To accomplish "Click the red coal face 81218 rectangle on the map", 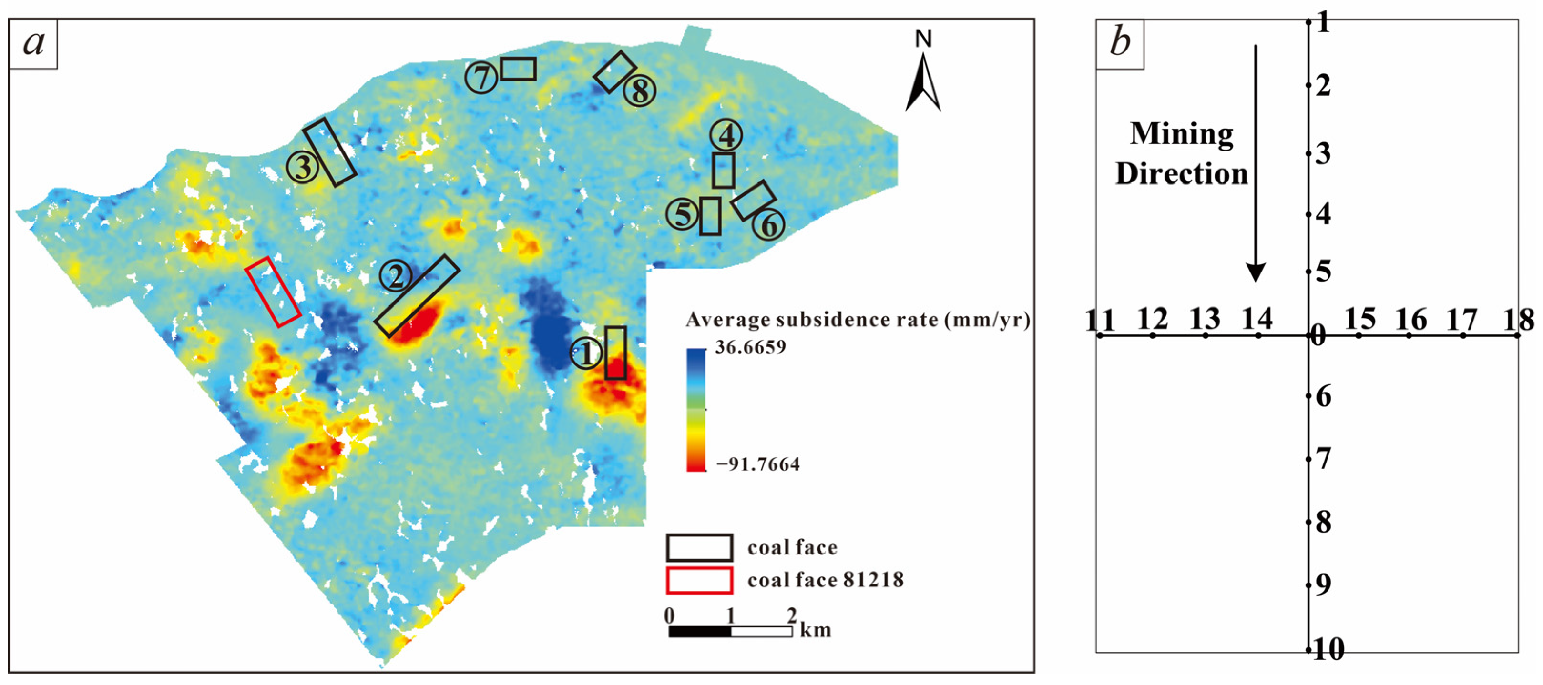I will [x=273, y=292].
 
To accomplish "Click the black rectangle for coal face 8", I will [x=614, y=72].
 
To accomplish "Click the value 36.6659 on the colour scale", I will [x=750, y=347].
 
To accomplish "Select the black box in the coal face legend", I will [x=699, y=547].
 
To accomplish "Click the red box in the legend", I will [x=699, y=580].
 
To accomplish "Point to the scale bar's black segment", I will [x=700, y=632].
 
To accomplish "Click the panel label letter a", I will [x=33, y=43].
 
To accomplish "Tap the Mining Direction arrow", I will [x=1256, y=161].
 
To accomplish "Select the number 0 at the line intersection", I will [x=1318, y=337].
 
